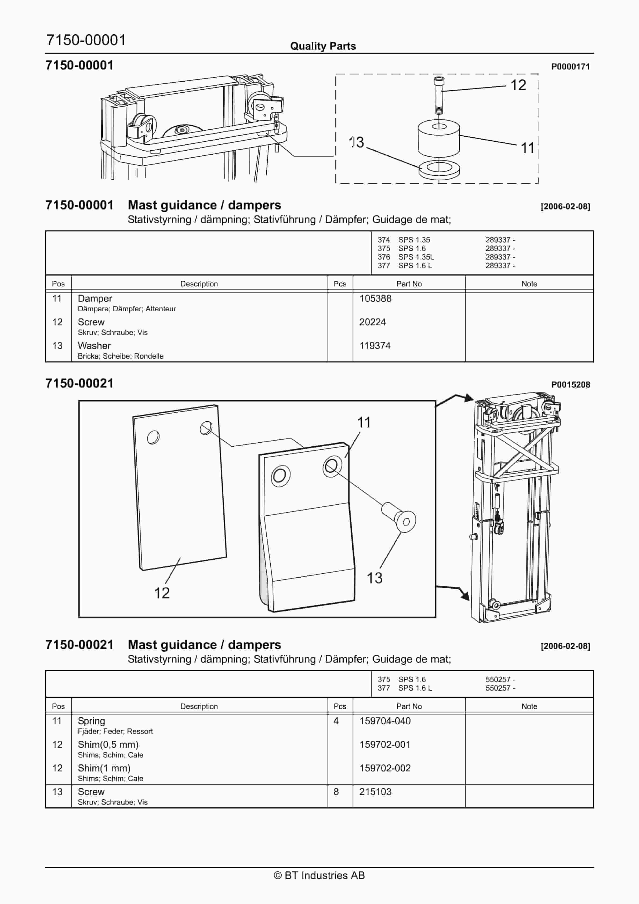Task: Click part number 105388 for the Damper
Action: (x=375, y=298)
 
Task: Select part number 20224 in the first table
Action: (x=372, y=322)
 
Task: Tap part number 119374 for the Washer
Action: (x=375, y=346)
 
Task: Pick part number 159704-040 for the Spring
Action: (x=385, y=721)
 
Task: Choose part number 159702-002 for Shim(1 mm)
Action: (x=385, y=768)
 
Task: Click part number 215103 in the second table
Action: (x=375, y=792)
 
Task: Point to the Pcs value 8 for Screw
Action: (x=336, y=792)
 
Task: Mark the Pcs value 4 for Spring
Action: (x=336, y=721)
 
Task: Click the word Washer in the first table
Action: (x=94, y=346)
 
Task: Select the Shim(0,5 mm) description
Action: (x=108, y=745)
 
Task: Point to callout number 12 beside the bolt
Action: (x=518, y=85)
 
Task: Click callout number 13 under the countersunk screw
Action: (x=374, y=578)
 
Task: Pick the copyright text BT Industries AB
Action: (x=319, y=875)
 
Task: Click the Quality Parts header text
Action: (x=323, y=46)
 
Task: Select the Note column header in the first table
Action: (x=529, y=284)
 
